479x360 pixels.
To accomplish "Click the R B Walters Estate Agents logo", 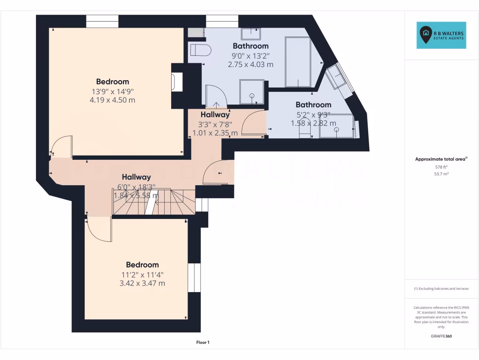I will pos(441,35).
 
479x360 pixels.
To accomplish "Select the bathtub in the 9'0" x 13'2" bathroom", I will pos(298,62).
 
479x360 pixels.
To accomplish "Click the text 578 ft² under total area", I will pos(442,167).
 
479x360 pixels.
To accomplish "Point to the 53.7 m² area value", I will pos(442,173).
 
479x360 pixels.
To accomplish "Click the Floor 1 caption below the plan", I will pos(203,343).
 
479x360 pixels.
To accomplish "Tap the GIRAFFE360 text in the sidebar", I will pos(442,336).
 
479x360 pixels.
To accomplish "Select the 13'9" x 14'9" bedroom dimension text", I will pos(112,91).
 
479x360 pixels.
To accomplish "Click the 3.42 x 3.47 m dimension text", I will pos(142,283).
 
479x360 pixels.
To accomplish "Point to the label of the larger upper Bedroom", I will pos(112,82).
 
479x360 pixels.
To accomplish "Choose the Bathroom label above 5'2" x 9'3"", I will pos(313,105).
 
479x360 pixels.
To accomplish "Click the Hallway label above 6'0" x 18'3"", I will pos(136,177).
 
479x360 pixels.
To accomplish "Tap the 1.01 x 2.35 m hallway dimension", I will pos(215,133).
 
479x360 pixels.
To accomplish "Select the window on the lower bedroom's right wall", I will pos(191,277).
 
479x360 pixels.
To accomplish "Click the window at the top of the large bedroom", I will pos(102,22).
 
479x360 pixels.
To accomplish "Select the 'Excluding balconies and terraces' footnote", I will pos(441,289).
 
